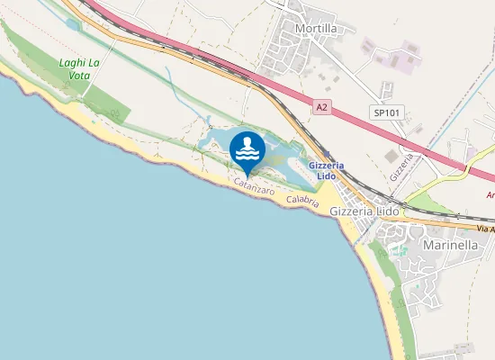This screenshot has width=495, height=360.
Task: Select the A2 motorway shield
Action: tap(321, 106)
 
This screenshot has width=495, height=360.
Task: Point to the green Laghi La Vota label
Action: tap(79, 69)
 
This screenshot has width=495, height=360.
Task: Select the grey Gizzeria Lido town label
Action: tap(364, 211)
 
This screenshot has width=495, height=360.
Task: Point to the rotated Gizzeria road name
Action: tap(403, 167)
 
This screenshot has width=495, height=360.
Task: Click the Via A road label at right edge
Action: tap(486, 231)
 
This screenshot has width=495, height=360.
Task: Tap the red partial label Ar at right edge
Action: tap(490, 194)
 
